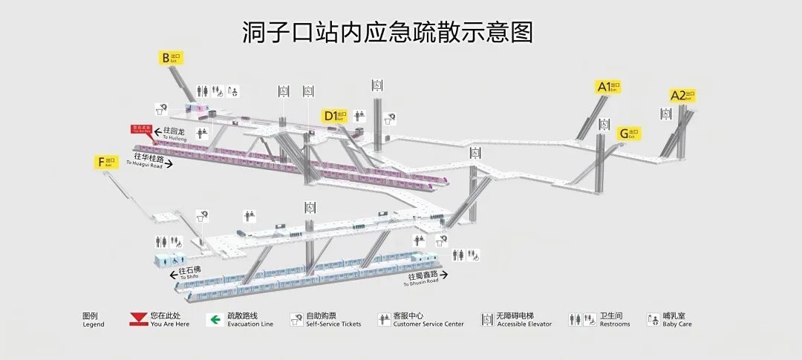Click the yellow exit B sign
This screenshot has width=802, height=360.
point(170,57)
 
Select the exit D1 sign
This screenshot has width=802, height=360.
point(335,116)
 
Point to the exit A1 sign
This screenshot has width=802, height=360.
point(609,87)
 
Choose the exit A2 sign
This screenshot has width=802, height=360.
point(682,95)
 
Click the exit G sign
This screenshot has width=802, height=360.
point(627,134)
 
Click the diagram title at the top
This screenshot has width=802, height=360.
point(387,31)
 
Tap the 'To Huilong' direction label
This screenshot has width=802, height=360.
point(170,135)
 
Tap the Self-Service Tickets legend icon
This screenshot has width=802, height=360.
point(295,319)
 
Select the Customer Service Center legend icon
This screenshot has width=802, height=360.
point(384,319)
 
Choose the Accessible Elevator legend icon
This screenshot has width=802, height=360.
point(488,319)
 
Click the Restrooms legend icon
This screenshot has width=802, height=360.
point(583,319)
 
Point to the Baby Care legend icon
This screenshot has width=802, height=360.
point(653,319)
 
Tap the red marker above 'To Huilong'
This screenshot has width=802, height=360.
point(141,128)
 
